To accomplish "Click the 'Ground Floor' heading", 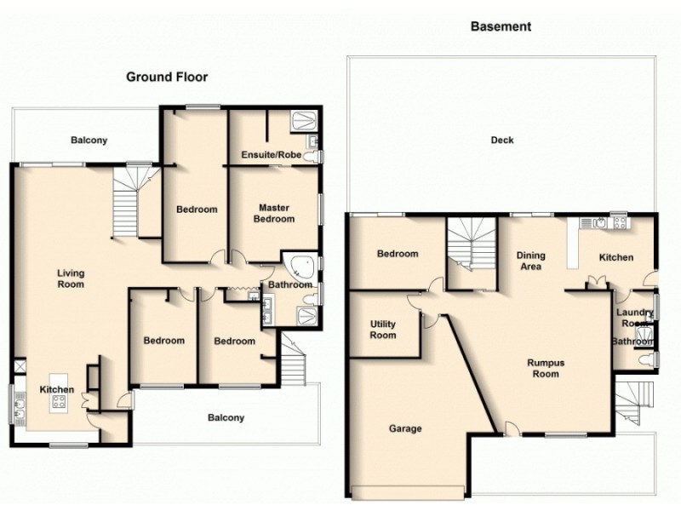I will tap(167, 77).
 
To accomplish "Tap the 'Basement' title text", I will tap(501, 26).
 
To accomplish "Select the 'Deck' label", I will tap(502, 141).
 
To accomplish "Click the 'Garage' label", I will tap(405, 428).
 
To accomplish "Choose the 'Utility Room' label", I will tap(383, 330).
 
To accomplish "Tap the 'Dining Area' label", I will tap(531, 261).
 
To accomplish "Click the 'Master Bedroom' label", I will tap(276, 214).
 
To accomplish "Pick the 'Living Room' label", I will tap(71, 278).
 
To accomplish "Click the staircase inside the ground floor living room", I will tap(127, 199).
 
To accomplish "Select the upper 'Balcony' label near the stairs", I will tap(89, 141).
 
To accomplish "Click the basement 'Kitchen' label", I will tap(615, 257).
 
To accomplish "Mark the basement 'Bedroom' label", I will tap(398, 254).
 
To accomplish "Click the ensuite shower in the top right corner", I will tap(304, 121).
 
